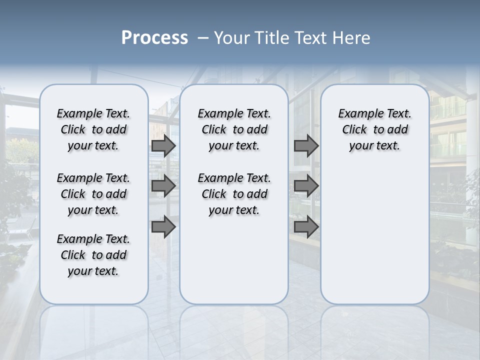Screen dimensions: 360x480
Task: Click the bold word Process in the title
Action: [154, 38]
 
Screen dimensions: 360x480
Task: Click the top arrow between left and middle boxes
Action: [163, 146]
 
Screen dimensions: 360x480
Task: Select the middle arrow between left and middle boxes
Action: [163, 186]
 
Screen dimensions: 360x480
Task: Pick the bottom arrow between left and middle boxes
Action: [163, 227]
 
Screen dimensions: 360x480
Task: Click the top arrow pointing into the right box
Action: [306, 146]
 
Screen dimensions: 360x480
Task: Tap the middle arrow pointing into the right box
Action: [306, 186]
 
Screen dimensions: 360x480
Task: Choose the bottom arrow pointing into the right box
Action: [306, 227]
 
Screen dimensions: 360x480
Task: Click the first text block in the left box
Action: [93, 129]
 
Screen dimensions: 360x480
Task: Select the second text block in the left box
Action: [93, 194]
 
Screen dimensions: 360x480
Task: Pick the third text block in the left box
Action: [93, 255]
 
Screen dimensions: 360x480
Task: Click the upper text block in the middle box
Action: [234, 129]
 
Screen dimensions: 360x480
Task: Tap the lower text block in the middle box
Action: [234, 194]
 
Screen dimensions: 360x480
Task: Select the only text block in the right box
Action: [374, 129]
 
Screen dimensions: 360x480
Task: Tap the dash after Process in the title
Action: [203, 38]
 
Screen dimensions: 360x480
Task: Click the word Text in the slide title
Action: [309, 38]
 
